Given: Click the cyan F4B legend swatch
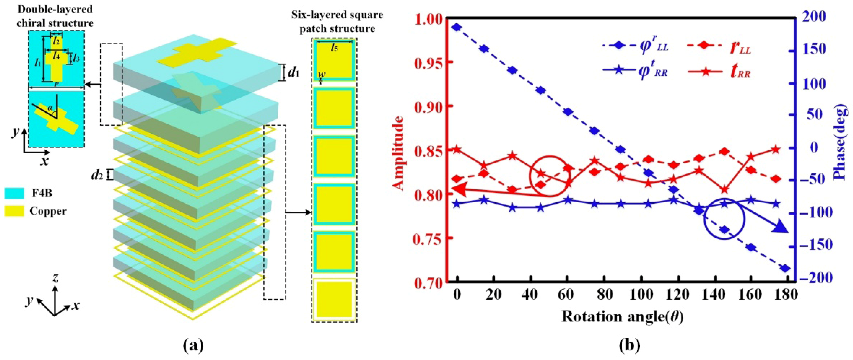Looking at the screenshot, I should (14, 193).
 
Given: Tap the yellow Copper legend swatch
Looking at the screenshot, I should (14, 211).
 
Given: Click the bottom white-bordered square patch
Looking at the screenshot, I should (334, 299).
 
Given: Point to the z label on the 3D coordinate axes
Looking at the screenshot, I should (56, 278).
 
